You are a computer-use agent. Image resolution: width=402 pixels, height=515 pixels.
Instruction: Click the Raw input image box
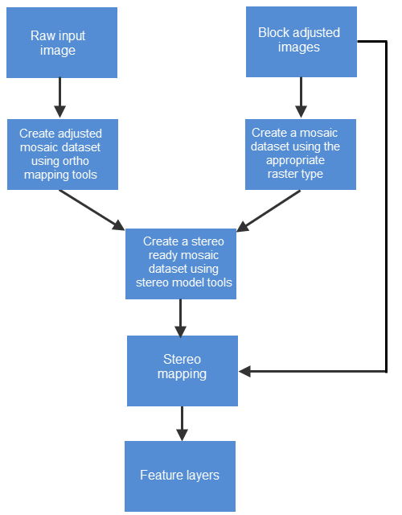[62, 43]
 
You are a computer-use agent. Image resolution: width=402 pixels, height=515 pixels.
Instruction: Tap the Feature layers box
[179, 476]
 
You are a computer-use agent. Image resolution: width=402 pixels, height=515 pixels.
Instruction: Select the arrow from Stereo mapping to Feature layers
[182, 422]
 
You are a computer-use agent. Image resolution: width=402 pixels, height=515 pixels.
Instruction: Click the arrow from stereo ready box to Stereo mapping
[180, 317]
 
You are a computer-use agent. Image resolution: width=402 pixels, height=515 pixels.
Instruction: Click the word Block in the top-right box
[273, 33]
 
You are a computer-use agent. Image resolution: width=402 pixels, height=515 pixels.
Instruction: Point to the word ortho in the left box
[76, 161]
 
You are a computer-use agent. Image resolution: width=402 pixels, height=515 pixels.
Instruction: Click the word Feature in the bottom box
[159, 476]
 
